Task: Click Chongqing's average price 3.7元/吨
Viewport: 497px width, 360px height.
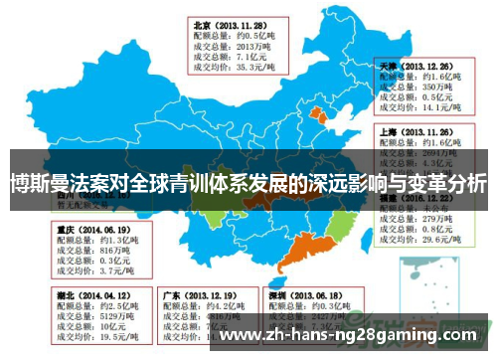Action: (x=103, y=270)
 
